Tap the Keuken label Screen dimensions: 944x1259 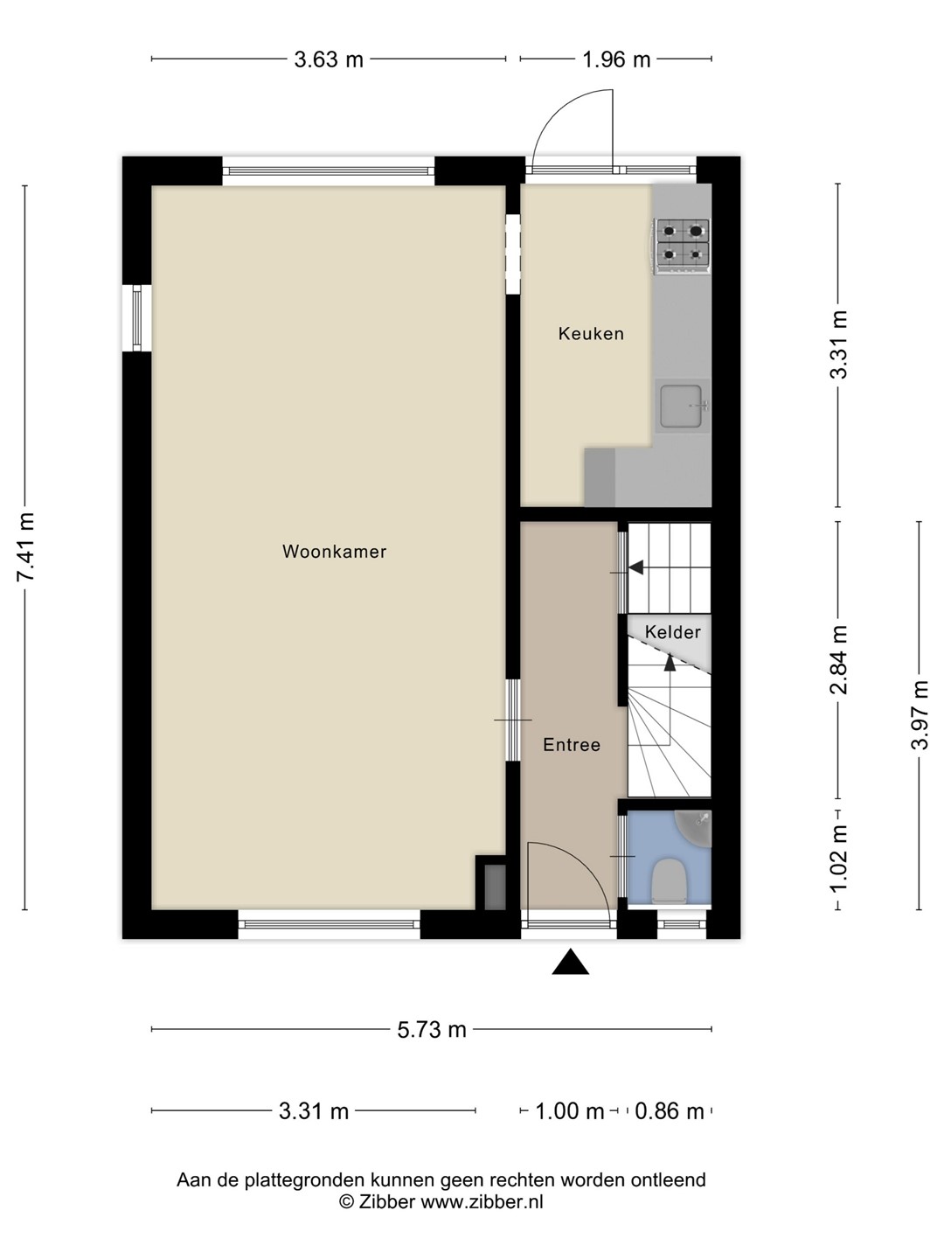591,333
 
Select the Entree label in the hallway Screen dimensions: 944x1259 572,745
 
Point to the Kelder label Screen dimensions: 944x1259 672,632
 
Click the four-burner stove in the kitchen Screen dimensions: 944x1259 682,247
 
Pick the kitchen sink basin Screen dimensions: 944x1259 681,406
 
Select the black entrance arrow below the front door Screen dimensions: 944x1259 570,962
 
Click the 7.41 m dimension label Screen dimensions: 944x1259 26,546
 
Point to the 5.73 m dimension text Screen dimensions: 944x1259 432,1030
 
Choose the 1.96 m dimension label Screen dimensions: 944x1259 616,59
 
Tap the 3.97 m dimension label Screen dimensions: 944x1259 919,714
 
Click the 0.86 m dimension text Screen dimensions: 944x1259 669,1111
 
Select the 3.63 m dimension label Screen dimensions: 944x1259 329,59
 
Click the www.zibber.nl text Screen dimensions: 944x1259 482,1201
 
